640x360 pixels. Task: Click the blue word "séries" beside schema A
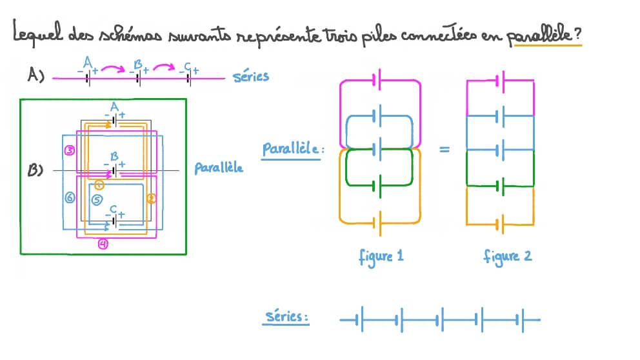[250, 76]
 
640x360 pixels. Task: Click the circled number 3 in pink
[70, 150]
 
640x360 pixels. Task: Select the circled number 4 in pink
[103, 244]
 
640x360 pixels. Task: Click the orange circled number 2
[152, 199]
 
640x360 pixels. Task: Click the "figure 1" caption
[381, 256]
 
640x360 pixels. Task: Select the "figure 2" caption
[508, 256]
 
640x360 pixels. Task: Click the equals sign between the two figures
[445, 150]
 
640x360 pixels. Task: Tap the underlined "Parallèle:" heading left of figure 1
[291, 149]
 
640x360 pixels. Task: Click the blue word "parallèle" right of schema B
[219, 168]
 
